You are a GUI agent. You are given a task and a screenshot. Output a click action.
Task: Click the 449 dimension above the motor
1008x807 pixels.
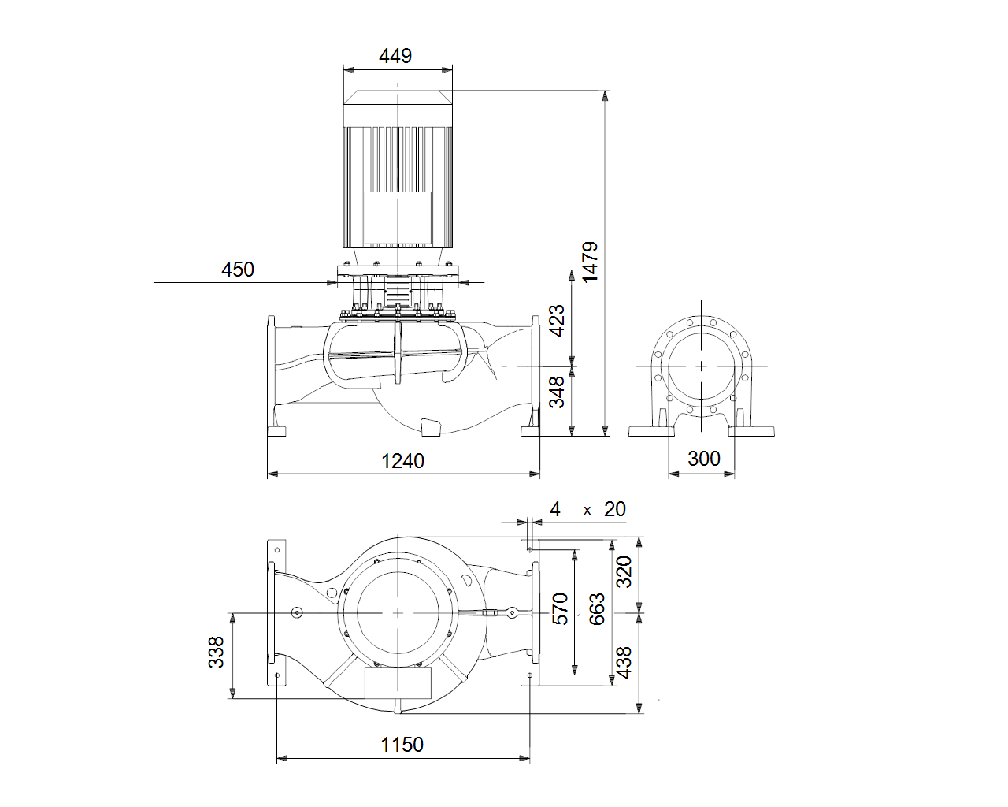pyautogui.click(x=395, y=56)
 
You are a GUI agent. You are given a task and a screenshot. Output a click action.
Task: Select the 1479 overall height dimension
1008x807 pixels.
pyautogui.click(x=590, y=262)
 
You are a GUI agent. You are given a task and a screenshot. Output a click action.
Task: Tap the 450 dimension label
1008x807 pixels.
pyautogui.click(x=238, y=270)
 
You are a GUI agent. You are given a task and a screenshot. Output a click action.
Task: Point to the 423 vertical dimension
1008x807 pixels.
pyautogui.click(x=557, y=321)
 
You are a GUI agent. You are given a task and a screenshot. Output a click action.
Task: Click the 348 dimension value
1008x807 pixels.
pyautogui.click(x=557, y=392)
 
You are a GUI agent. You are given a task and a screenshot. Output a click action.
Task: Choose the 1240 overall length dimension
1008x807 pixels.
pyautogui.click(x=403, y=461)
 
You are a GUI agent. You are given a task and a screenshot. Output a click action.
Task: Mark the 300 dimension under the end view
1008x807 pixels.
pyautogui.click(x=703, y=458)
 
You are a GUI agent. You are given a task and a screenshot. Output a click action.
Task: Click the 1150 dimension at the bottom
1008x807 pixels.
pyautogui.click(x=402, y=745)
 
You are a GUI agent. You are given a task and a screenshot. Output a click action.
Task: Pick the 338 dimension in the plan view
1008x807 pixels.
pyautogui.click(x=216, y=652)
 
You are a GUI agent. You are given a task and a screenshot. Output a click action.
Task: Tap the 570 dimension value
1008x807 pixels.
pyautogui.click(x=560, y=609)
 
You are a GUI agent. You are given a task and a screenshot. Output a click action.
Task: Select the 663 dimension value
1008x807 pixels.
pyautogui.click(x=597, y=609)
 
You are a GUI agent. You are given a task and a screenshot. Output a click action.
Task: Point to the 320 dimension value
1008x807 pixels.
pyautogui.click(x=624, y=571)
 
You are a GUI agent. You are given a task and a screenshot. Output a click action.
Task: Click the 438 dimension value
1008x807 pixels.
pyautogui.click(x=624, y=663)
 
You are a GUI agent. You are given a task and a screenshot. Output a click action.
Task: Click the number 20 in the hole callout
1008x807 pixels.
pyautogui.click(x=614, y=509)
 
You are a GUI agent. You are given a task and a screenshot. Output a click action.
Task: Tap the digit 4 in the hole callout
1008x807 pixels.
pyautogui.click(x=555, y=509)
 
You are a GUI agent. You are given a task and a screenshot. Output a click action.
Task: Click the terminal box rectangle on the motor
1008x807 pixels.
pyautogui.click(x=398, y=218)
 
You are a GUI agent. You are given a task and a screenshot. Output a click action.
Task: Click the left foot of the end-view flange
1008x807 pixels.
pyautogui.click(x=651, y=431)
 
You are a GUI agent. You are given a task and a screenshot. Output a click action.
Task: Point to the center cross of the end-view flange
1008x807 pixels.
pyautogui.click(x=701, y=366)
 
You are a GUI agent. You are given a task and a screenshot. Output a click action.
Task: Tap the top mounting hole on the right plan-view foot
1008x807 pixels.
pyautogui.click(x=530, y=549)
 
